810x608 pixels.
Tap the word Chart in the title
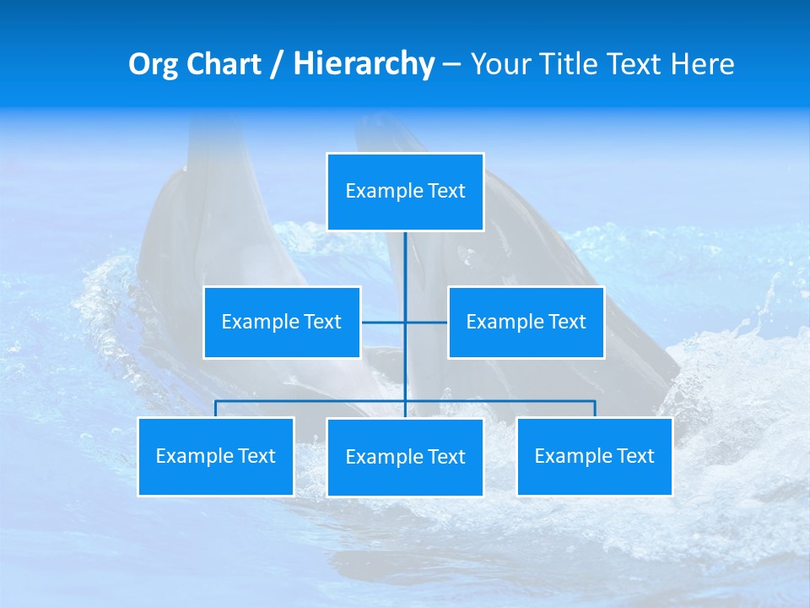[225, 64]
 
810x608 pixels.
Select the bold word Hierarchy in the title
[364, 64]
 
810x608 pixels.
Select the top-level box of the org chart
[405, 192]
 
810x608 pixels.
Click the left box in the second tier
[282, 323]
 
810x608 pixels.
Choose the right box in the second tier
[526, 323]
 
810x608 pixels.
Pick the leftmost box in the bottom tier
[216, 457]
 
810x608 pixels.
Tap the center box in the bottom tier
[405, 458]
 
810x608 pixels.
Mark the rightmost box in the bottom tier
[595, 457]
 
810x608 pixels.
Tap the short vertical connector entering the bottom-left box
[216, 409]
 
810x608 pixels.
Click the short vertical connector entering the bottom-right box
[595, 409]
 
